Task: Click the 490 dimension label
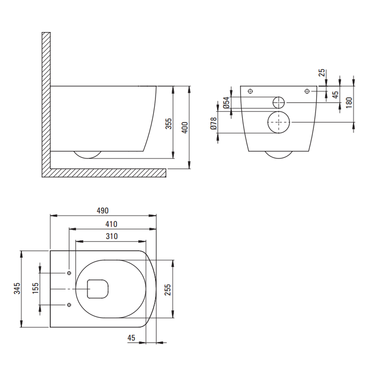tap(103, 210)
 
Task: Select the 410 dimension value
tap(111, 224)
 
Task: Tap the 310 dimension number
tap(112, 236)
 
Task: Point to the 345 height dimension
tap(17, 289)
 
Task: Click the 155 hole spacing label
tap(35, 288)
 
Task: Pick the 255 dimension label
tap(167, 290)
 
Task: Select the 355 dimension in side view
tap(169, 124)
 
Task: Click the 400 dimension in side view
tap(185, 128)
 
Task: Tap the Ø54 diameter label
tap(226, 103)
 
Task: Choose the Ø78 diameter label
tap(213, 123)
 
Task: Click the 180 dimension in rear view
tap(349, 103)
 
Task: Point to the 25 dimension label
tap(322, 72)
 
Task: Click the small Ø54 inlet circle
tap(279, 103)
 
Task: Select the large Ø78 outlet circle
tap(279, 122)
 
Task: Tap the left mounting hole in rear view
tap(251, 91)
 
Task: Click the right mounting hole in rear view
tap(307, 91)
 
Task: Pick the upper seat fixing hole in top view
tap(69, 273)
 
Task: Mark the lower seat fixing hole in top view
tap(69, 305)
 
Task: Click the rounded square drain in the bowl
tap(98, 289)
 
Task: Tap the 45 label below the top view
tap(131, 338)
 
